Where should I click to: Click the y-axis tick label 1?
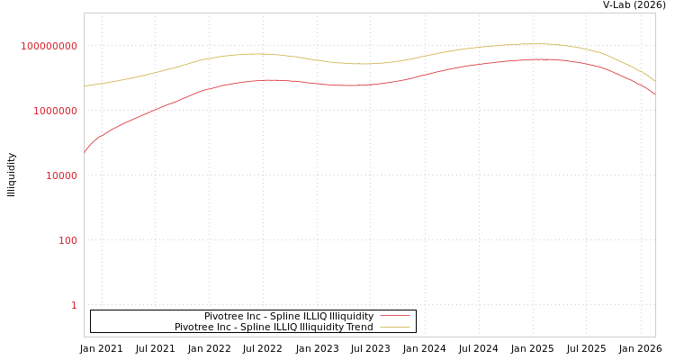coord(74,306)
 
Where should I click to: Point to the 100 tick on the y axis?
coord(68,241)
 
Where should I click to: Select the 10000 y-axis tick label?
coord(62,176)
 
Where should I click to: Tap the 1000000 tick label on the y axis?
coord(56,112)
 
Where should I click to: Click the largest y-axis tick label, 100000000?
coord(49,47)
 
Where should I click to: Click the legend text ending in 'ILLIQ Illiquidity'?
coord(288,317)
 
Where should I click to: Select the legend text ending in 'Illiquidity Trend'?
coord(274,328)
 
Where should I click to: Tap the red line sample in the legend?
coord(394,317)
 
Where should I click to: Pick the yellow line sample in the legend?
coord(394,328)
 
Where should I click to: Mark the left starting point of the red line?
coord(85,153)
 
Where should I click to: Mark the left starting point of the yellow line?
coord(85,86)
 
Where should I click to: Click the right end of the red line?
coord(655,94)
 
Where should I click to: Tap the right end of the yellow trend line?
coord(655,82)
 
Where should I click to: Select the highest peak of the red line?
coord(540,59)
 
